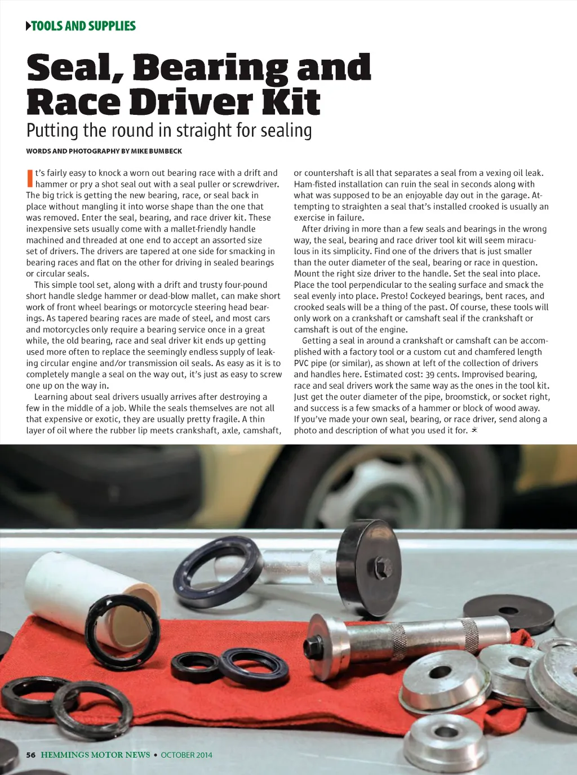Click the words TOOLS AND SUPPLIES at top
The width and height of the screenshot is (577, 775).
83,26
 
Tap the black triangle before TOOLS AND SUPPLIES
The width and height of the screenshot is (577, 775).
29,26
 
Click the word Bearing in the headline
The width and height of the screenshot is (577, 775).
211,69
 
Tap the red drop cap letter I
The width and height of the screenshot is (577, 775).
29,178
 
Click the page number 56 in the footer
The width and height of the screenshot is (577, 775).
31,755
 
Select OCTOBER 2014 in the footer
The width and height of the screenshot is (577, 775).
187,755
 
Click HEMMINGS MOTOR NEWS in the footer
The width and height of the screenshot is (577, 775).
95,755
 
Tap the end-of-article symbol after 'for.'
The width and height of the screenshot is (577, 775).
474,430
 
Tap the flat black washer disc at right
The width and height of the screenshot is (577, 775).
508,611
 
